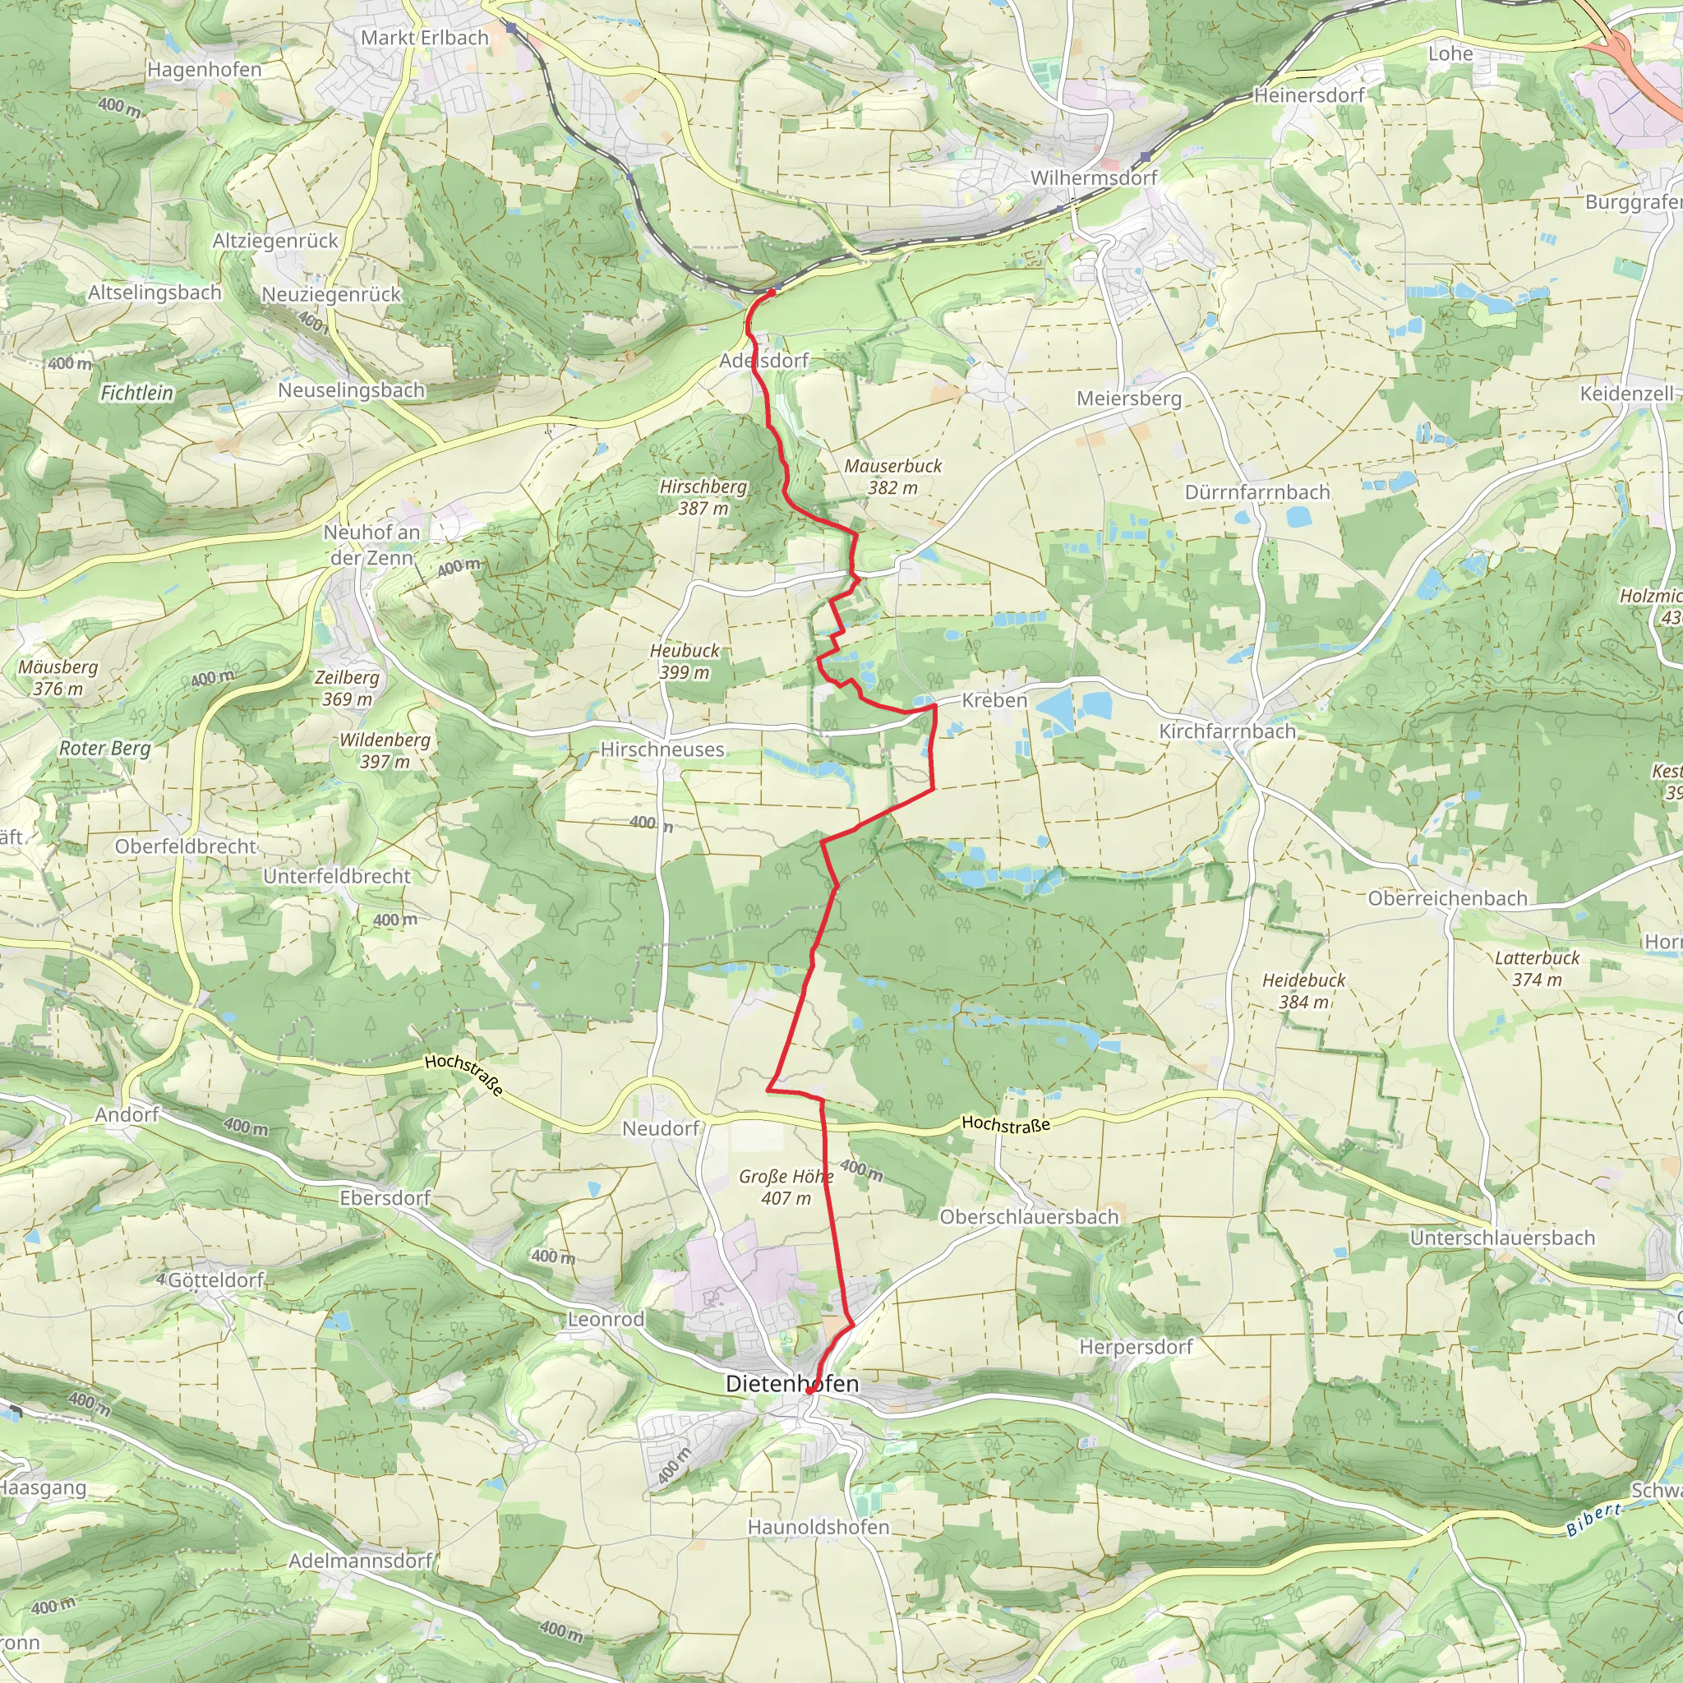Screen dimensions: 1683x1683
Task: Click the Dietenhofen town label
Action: [x=792, y=1383]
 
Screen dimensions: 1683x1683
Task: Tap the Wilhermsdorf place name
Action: [x=1093, y=178]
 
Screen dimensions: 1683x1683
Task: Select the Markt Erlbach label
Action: [x=424, y=38]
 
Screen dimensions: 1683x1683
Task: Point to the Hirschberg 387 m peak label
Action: [x=703, y=497]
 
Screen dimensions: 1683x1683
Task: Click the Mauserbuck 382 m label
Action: [x=893, y=477]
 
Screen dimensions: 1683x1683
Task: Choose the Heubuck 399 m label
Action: [x=685, y=662]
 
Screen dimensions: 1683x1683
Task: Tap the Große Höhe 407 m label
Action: [x=786, y=1187]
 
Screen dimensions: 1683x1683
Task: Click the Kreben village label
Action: [x=994, y=700]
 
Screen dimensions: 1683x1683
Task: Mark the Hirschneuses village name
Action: [x=662, y=749]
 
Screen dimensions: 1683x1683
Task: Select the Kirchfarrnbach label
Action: [x=1227, y=731]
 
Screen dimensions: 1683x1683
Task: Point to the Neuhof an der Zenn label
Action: [x=372, y=545]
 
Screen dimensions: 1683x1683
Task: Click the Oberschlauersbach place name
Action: [x=1029, y=1216]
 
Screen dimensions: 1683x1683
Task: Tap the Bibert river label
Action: [x=1593, y=1519]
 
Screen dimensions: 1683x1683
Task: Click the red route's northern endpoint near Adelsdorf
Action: [x=771, y=293]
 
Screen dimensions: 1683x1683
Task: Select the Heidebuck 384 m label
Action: [x=1303, y=990]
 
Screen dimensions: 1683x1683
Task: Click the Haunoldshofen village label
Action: [x=818, y=1527]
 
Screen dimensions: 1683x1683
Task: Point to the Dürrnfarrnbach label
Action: [x=1257, y=492]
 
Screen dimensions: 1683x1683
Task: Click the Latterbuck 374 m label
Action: [x=1537, y=968]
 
